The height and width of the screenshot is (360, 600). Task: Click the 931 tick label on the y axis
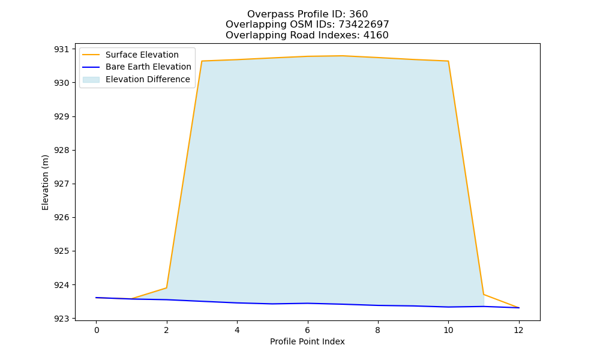(62, 49)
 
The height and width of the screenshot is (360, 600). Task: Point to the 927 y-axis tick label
(62, 184)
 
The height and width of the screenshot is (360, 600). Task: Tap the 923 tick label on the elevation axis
(62, 319)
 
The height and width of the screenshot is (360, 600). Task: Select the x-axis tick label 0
(97, 330)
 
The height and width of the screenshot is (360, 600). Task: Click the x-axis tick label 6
(307, 330)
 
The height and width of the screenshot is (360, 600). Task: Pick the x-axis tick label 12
(518, 330)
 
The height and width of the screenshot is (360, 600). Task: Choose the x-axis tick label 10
(448, 330)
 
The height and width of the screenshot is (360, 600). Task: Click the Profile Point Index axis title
(307, 341)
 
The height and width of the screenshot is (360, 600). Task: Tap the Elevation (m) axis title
(45, 182)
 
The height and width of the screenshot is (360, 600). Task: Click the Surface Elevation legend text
(142, 55)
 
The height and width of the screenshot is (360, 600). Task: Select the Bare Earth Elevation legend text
(148, 67)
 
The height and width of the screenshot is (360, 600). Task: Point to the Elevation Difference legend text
(148, 79)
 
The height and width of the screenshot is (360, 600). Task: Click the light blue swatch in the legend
(91, 80)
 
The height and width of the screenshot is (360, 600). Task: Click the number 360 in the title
(359, 14)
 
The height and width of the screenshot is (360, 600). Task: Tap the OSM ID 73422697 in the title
(364, 25)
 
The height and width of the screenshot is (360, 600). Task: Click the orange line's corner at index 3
(202, 61)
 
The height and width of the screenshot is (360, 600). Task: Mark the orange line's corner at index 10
(448, 61)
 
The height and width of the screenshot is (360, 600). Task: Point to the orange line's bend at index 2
(166, 287)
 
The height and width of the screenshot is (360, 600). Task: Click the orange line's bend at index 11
(484, 294)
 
